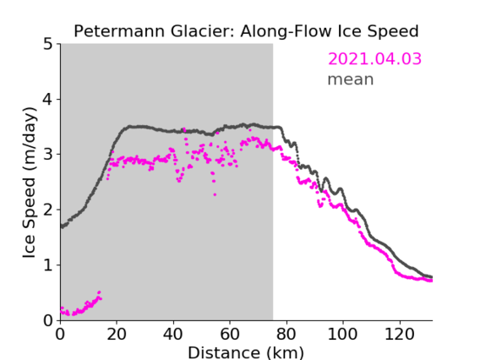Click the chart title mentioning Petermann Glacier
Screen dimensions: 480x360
tap(246, 32)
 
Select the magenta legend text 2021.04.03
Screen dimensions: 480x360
tap(374, 59)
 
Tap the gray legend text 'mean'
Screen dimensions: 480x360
tap(351, 79)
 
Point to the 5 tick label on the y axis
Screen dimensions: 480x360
tap(48, 45)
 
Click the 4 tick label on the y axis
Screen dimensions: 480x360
tap(48, 100)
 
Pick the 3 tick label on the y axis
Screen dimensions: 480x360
tap(48, 155)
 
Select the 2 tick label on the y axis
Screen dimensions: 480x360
tap(48, 210)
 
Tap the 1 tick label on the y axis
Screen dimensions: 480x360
tap(48, 265)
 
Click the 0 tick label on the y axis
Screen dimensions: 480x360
tap(48, 320)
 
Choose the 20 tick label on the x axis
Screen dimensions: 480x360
tap(117, 335)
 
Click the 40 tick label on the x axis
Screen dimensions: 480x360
tap(173, 335)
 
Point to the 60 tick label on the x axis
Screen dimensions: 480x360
tap(230, 335)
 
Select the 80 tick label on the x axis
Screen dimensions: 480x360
tap(286, 335)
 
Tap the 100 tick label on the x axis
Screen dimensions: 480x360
tap(342, 335)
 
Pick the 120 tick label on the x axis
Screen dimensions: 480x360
tap(399, 335)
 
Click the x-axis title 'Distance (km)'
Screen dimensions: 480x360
tap(246, 353)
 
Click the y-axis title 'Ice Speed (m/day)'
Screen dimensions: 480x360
tap(30, 183)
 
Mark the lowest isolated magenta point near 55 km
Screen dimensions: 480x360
tap(215, 194)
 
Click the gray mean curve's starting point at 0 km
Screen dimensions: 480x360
tap(62, 226)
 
